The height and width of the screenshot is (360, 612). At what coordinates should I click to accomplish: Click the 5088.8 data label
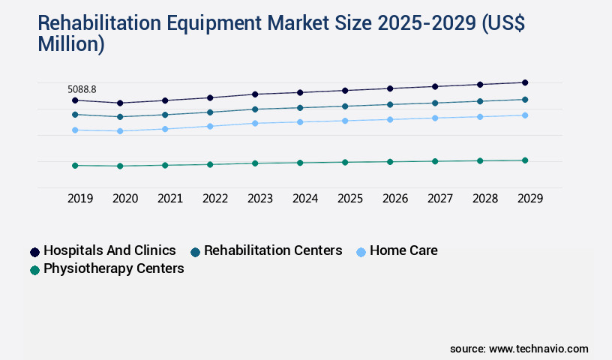click(82, 89)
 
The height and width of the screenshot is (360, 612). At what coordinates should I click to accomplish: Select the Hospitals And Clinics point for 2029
click(525, 82)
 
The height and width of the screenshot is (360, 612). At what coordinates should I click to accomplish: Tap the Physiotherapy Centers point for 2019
click(75, 165)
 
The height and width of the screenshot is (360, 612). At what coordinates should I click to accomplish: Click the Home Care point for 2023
click(255, 123)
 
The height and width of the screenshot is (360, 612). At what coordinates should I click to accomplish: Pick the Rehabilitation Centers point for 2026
click(390, 104)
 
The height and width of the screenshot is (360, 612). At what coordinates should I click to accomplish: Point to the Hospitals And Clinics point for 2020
click(120, 103)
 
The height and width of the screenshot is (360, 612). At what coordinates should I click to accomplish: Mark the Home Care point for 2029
click(525, 115)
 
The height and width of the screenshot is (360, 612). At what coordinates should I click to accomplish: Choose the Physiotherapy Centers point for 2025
click(345, 162)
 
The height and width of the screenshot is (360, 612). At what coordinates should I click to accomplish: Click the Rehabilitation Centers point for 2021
click(165, 115)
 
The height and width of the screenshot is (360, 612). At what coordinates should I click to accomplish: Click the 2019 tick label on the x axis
click(80, 199)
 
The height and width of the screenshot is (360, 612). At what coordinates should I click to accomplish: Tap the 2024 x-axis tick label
click(305, 199)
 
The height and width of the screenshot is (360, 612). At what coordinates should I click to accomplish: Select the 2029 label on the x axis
click(530, 199)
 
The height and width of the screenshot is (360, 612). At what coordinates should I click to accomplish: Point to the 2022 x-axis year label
click(215, 199)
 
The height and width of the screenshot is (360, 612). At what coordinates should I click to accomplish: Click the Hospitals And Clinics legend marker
click(34, 252)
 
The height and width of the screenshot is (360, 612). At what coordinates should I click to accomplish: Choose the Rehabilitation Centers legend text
click(272, 250)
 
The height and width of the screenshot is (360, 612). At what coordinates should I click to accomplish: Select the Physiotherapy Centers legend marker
click(34, 270)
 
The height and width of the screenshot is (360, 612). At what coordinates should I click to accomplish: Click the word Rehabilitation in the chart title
click(106, 23)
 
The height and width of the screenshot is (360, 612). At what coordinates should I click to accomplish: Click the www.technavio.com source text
click(538, 349)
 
